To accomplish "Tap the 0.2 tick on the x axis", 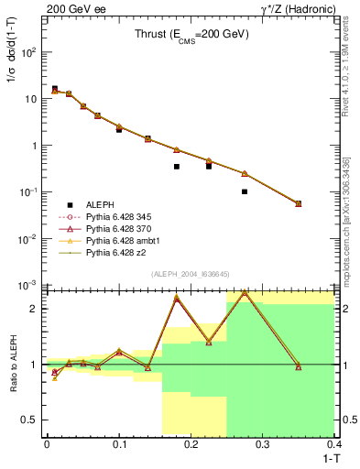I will pyautogui.click(x=191, y=445).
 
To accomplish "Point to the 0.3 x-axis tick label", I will pyautogui.click(x=263, y=445).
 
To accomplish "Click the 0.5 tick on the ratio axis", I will pyautogui.click(x=30, y=420).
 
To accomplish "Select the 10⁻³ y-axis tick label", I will pyautogui.click(x=28, y=285).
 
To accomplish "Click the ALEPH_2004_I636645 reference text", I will pyautogui.click(x=191, y=274).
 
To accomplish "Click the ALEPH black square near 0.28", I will pyautogui.click(x=245, y=191).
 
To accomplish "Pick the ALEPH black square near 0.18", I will pyautogui.click(x=177, y=167).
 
